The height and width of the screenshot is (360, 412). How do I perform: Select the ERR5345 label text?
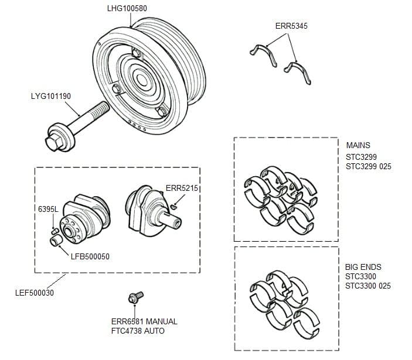coord(291,26)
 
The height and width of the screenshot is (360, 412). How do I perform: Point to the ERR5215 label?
coord(182,188)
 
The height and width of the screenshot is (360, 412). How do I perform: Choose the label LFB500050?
coord(90,256)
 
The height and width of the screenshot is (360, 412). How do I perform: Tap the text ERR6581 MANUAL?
coord(144,321)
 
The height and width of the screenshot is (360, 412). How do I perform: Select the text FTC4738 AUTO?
coord(138,331)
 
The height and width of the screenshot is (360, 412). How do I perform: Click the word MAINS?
coord(358,146)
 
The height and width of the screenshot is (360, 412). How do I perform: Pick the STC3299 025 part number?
coord(369,167)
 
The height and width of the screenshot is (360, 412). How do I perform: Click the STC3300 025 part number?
coord(369,286)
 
